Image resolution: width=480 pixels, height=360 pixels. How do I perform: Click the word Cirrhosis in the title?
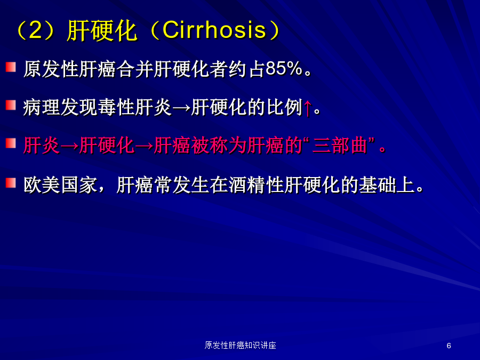coord(214,30)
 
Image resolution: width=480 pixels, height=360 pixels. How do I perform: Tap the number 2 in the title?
coord(35,30)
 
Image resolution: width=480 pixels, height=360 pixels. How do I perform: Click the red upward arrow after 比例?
coord(308,107)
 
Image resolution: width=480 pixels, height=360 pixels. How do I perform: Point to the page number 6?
coord(449,346)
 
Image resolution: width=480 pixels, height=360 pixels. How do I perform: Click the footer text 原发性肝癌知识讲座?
coord(241,345)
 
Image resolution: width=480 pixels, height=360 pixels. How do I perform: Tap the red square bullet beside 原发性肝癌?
coord(11,67)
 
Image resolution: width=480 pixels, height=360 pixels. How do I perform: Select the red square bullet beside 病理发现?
coord(11,105)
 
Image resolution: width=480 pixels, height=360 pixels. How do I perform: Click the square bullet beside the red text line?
coord(11,143)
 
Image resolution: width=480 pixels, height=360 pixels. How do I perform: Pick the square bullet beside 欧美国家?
coord(11,183)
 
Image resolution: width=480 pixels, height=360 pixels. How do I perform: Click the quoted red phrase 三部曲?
coord(340,145)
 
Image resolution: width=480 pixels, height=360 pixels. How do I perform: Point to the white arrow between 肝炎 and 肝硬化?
coord(181,108)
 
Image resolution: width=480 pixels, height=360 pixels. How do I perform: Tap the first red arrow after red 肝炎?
coord(69,146)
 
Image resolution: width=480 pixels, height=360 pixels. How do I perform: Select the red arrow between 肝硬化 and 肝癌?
coord(144,146)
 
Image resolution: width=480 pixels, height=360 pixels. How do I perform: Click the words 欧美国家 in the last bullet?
coord(61,185)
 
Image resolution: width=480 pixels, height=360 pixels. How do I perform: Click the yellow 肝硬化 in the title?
coord(102,30)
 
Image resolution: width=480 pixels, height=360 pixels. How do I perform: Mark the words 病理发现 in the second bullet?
coord(61,107)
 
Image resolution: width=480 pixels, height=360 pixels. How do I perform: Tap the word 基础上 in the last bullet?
coord(387,185)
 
